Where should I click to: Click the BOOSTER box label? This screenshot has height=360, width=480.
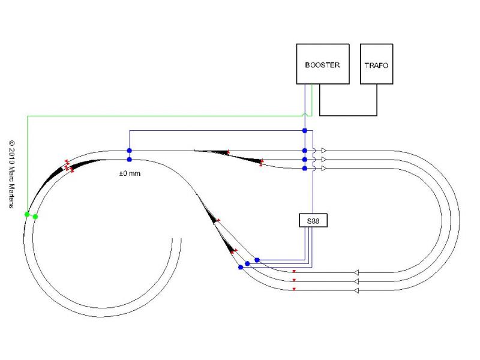pyautogui.click(x=322, y=65)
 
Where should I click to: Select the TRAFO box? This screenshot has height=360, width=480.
pyautogui.click(x=377, y=64)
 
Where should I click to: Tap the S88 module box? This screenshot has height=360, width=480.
pyautogui.click(x=313, y=220)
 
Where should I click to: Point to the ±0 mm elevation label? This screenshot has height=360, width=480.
pyautogui.click(x=130, y=173)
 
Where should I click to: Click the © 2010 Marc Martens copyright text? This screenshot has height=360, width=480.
pyautogui.click(x=11, y=174)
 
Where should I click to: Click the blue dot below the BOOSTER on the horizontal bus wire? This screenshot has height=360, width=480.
pyautogui.click(x=305, y=131)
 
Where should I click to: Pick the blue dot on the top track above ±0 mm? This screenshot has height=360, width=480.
pyautogui.click(x=130, y=151)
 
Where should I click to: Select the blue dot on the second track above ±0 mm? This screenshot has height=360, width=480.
pyautogui.click(x=130, y=160)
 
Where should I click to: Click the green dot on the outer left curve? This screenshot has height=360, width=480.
pyautogui.click(x=27, y=214)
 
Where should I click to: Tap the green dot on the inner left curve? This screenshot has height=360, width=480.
pyautogui.click(x=35, y=217)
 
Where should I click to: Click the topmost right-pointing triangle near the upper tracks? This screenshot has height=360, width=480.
pyautogui.click(x=324, y=151)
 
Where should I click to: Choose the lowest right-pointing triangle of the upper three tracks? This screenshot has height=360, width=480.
pyautogui.click(x=324, y=169)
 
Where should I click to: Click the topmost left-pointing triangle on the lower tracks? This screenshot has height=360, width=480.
pyautogui.click(x=356, y=272)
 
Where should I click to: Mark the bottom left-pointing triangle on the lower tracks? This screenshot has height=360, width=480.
pyautogui.click(x=356, y=290)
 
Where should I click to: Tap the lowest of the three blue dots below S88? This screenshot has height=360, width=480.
pyautogui.click(x=241, y=267)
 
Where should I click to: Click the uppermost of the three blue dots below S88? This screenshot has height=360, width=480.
pyautogui.click(x=257, y=260)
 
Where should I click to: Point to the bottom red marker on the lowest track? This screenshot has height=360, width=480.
pyautogui.click(x=294, y=289)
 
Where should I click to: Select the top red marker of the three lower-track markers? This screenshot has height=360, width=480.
pyautogui.click(x=294, y=272)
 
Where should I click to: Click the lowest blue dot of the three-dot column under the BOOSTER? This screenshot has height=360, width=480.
pyautogui.click(x=305, y=169)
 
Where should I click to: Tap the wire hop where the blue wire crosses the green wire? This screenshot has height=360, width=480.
pyautogui.click(x=305, y=115)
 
